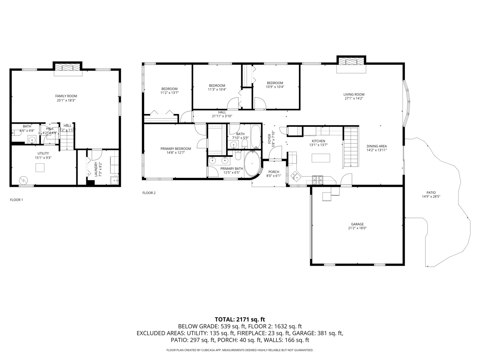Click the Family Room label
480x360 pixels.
[x=66, y=96]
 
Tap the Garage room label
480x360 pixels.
[x=357, y=224]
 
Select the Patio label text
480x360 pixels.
[x=431, y=193]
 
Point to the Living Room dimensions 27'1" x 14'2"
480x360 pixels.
[x=354, y=98]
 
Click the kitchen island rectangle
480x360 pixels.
[x=321, y=158]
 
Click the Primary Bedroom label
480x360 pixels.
[x=176, y=149]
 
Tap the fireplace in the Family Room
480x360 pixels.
[x=68, y=67]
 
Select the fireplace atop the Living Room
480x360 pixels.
[x=351, y=62]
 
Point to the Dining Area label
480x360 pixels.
[x=377, y=146]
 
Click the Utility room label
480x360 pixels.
[x=43, y=153]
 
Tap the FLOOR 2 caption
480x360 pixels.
[x=149, y=193]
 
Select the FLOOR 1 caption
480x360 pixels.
[x=16, y=200]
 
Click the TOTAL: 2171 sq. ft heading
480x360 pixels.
[x=240, y=320]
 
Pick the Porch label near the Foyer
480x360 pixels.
[x=274, y=172]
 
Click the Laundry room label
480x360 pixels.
[x=96, y=169]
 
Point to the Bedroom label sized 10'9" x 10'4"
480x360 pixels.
[x=275, y=83]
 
